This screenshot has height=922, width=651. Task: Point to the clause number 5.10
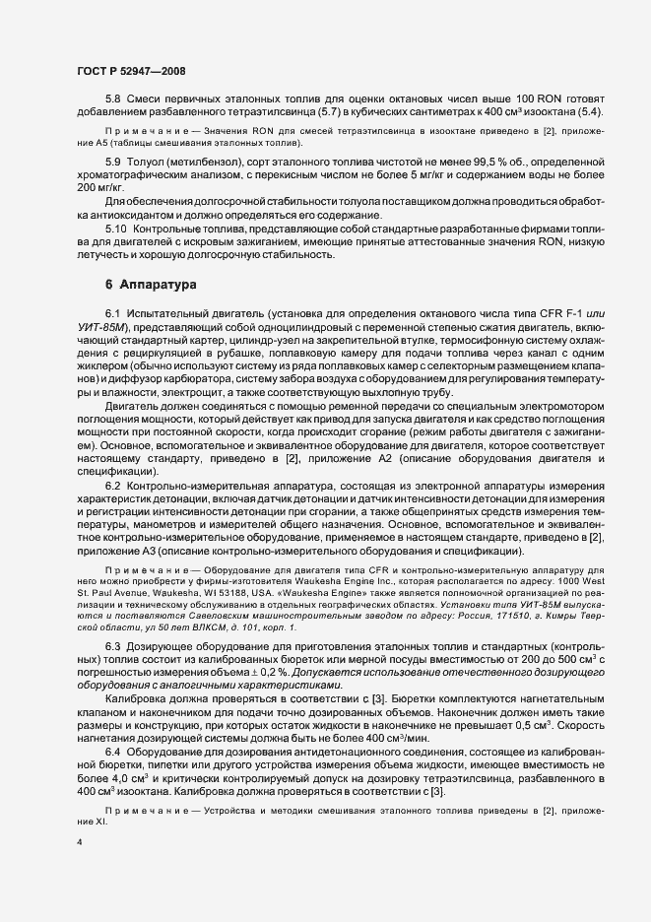[x=116, y=229]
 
